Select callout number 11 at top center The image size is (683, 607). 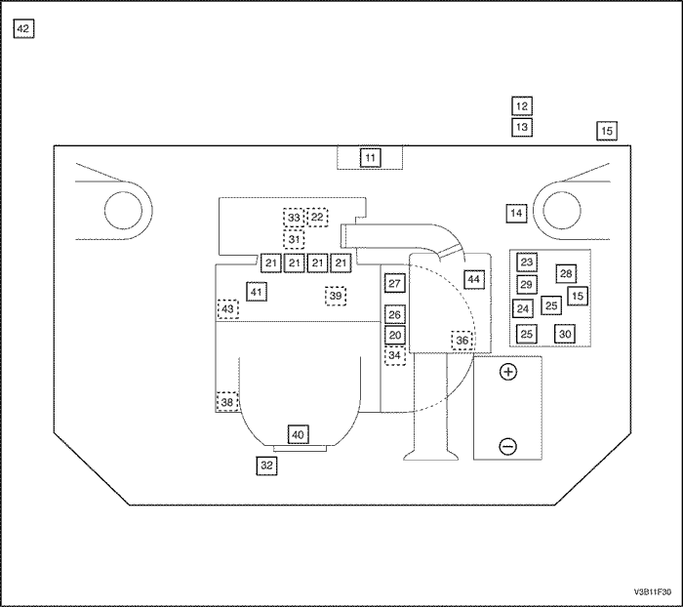point(369,157)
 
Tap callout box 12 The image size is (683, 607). point(522,106)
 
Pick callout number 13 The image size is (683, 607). point(522,127)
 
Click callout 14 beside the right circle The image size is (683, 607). point(517,213)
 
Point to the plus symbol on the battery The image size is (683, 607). point(507,372)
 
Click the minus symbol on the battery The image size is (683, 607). point(507,447)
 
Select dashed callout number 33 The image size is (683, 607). point(294,218)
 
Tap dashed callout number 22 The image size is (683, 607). point(318,217)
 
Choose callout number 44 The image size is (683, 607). point(473,279)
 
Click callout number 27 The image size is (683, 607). point(394,283)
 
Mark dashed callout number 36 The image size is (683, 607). point(462,340)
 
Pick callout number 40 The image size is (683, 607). point(298,434)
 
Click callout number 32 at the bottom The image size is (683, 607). point(266,465)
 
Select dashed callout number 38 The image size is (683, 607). point(226,402)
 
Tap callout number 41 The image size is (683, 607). point(256,292)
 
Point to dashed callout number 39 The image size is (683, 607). point(336,296)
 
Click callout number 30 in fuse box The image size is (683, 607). point(565,334)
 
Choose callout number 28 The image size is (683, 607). point(567,273)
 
